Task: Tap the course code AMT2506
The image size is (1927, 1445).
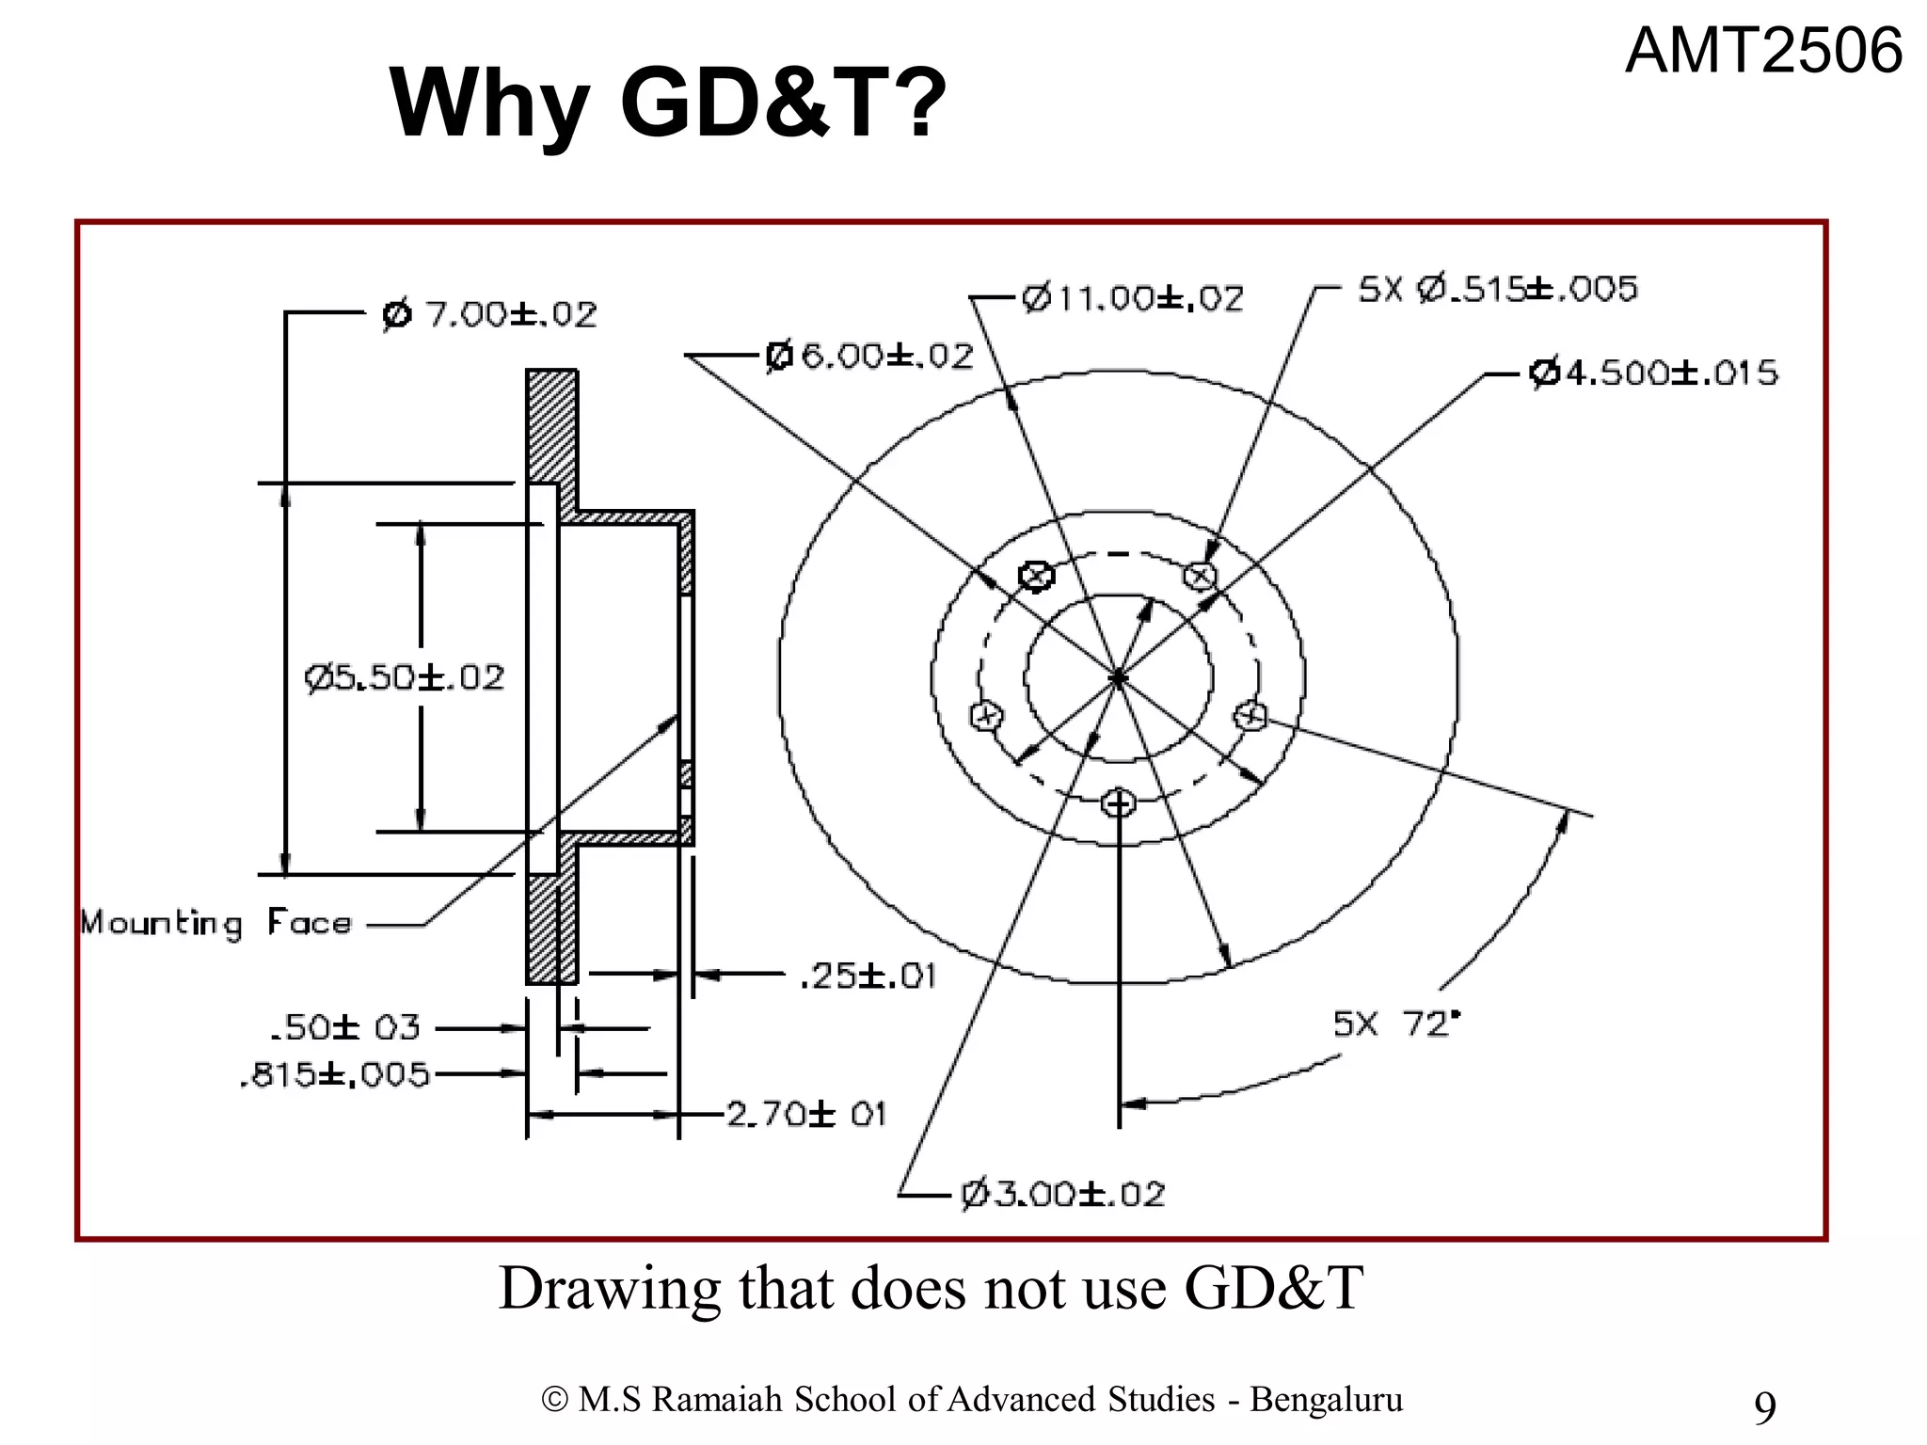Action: (x=1763, y=51)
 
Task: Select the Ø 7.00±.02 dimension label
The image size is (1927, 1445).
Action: (x=489, y=314)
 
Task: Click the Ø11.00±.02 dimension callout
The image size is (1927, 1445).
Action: (x=1132, y=298)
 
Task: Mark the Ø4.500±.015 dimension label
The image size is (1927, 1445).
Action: (x=1653, y=373)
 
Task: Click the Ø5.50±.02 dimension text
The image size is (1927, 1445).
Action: (x=405, y=677)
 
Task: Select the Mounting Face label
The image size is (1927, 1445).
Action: (x=215, y=923)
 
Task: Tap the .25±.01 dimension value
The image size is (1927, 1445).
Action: (x=867, y=976)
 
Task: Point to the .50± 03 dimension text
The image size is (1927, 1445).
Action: (x=344, y=1027)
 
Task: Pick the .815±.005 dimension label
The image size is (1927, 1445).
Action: (x=335, y=1073)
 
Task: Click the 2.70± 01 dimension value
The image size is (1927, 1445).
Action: (x=806, y=1115)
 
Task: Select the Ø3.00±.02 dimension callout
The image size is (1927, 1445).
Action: (x=1062, y=1195)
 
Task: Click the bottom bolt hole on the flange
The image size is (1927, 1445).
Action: (x=1119, y=803)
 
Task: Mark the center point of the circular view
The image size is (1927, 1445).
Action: (x=1118, y=677)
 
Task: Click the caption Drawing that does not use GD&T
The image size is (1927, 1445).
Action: (x=931, y=1288)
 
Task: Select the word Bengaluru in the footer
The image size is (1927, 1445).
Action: (x=1326, y=1399)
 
